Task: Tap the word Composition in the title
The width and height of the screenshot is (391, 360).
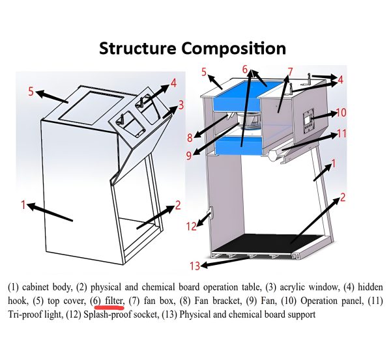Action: [x=235, y=48]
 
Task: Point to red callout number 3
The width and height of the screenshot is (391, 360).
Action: [x=181, y=105]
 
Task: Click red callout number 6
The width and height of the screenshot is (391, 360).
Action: [x=246, y=69]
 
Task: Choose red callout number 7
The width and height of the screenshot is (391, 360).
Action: [x=290, y=71]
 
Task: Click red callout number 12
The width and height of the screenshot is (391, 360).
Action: [x=192, y=227]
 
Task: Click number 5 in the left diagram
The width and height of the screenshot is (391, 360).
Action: [x=31, y=92]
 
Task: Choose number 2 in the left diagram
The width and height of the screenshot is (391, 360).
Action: [x=177, y=206]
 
